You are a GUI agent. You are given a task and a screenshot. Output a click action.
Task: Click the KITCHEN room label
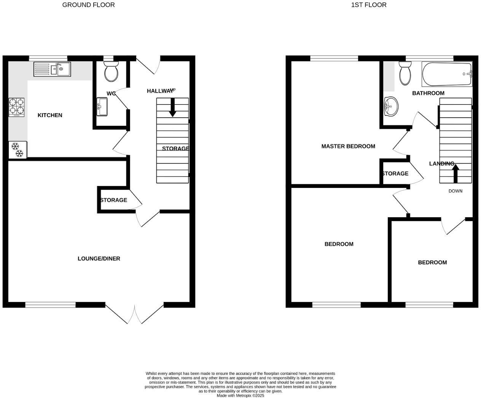point(50,115)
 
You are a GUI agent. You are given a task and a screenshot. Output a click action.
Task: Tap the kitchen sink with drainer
point(52,69)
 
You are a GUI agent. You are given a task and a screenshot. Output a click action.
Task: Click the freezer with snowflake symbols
point(18,150)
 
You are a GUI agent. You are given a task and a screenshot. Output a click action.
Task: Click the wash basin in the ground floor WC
point(102,107)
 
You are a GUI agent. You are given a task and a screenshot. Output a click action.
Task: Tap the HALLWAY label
point(160,91)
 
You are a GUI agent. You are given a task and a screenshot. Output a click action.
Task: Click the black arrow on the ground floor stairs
point(172,107)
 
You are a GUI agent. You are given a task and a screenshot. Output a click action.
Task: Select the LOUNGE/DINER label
point(99,259)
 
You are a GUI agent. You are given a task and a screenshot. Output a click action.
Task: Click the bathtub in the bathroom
point(447,74)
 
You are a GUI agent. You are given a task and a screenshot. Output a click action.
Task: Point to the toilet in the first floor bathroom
point(405,73)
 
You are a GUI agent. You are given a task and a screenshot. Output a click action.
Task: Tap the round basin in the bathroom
point(391,106)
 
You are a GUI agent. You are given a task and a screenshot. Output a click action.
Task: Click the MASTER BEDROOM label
point(348,146)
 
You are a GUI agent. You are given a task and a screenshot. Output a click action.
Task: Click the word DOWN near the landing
point(455,191)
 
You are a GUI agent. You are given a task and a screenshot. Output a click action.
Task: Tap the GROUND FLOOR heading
point(88,5)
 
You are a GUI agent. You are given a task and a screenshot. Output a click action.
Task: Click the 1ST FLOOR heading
point(369,5)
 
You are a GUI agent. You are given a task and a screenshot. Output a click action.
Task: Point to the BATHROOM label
point(428,93)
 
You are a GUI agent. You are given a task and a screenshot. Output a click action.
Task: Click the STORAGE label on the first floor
point(395,174)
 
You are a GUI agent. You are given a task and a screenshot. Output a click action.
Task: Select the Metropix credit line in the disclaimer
point(240,395)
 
